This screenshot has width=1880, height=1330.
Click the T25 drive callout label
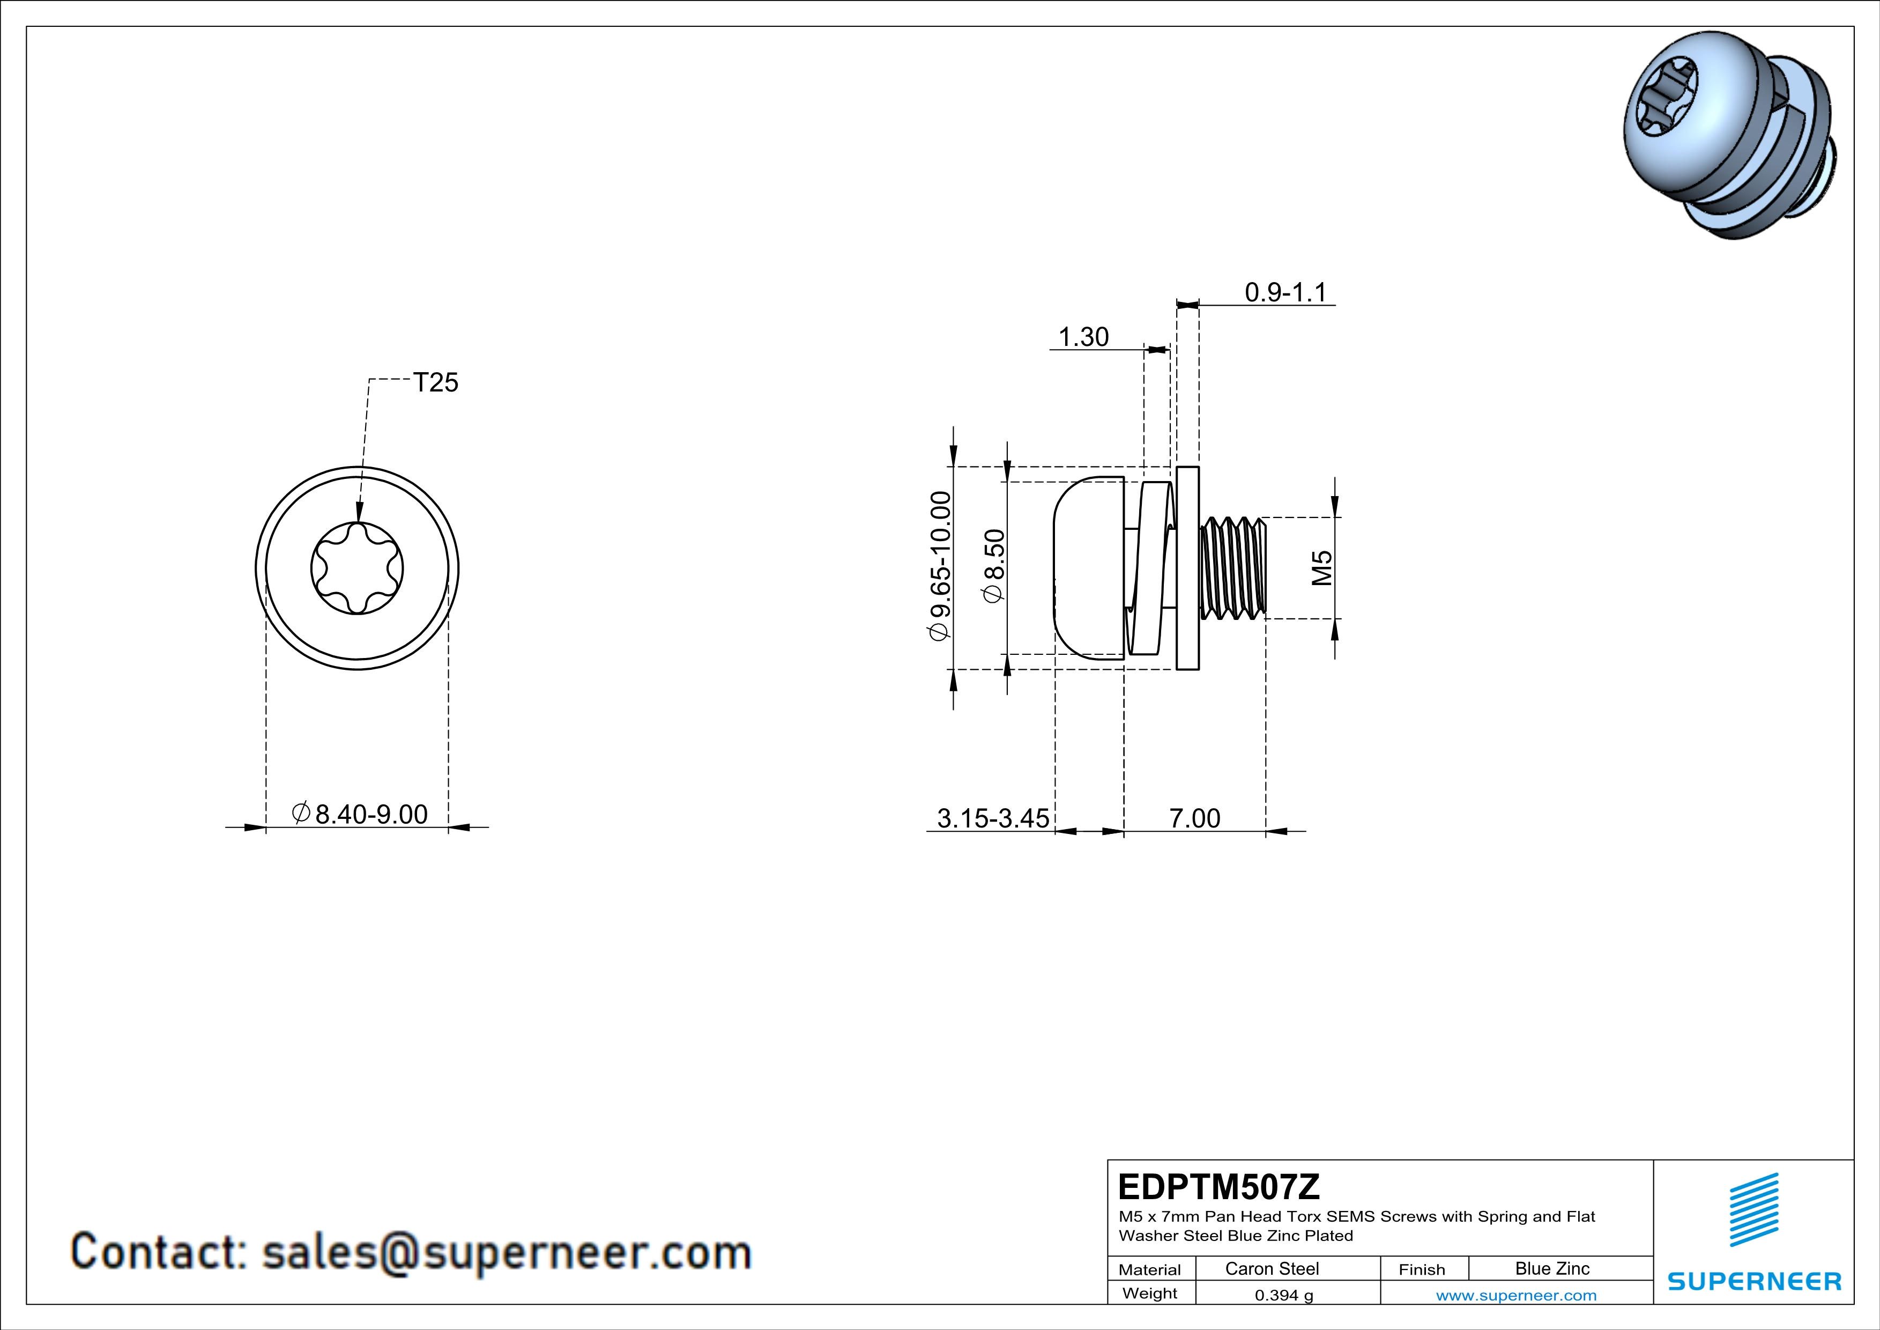tap(436, 382)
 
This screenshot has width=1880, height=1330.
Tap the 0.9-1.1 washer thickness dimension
tap(1285, 292)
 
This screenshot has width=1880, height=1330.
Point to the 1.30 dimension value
tap(1083, 337)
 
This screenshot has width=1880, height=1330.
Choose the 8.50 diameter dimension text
tap(994, 566)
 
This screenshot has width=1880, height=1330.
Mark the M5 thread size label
tap(1321, 567)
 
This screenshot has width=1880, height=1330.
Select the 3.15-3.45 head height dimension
tap(992, 818)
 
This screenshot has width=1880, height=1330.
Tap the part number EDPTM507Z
tap(1218, 1187)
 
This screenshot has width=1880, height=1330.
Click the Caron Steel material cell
tap(1272, 1268)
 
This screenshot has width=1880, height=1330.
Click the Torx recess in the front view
tap(357, 567)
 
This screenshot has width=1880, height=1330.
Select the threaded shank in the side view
tap(1232, 567)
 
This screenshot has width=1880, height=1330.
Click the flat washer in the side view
tap(1187, 567)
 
